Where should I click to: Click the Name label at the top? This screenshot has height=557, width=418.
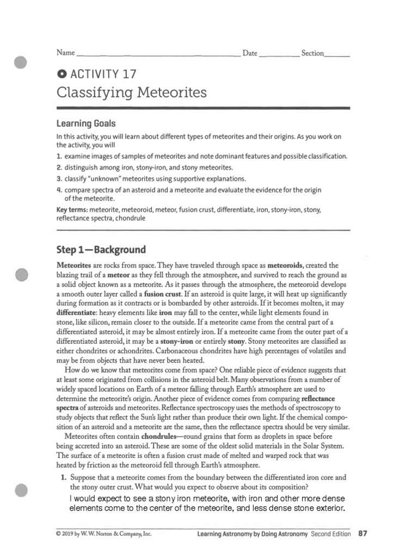coord(65,53)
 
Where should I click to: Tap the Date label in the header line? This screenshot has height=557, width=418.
coord(250,53)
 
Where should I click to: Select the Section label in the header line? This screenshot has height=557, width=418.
coord(312,53)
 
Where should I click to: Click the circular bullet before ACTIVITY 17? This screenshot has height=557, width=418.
coord(61,75)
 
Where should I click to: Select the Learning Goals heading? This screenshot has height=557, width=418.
coord(86,124)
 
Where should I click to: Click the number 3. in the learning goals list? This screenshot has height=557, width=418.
coord(59,178)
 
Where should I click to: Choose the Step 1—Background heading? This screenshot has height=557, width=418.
coord(101,250)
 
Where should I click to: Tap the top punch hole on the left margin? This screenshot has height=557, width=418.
coord(21,62)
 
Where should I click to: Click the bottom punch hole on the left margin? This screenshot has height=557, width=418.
coord(21,489)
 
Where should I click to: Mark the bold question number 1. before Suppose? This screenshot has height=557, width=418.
coord(63,477)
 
